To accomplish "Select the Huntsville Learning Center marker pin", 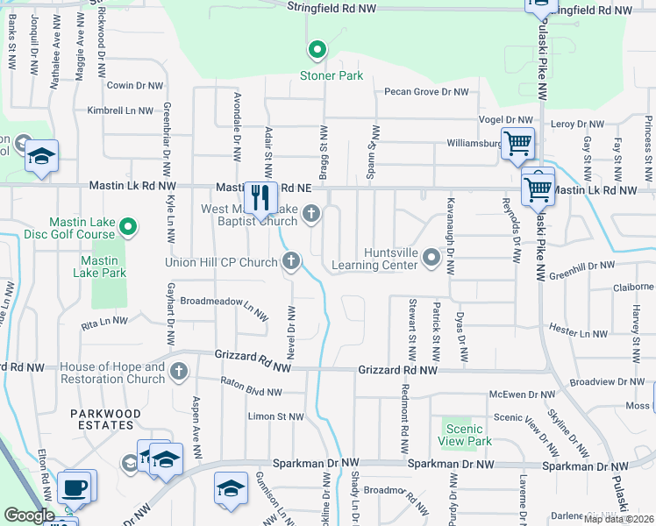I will click(x=431, y=257).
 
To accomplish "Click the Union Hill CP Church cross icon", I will click(x=290, y=260).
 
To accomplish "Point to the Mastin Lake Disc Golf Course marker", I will click(x=128, y=228).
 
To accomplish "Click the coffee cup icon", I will click(x=75, y=487).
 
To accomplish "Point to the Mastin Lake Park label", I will click(x=103, y=267).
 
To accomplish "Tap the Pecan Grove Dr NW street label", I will click(x=425, y=91).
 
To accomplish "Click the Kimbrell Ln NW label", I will click(x=119, y=110).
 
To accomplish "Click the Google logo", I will click(x=29, y=515).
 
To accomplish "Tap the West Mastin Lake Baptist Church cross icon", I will click(x=310, y=213).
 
